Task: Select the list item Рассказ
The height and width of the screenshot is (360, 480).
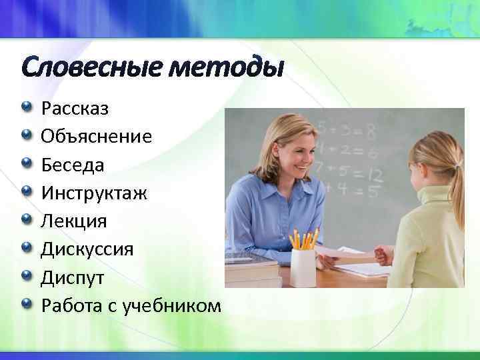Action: click(x=75, y=108)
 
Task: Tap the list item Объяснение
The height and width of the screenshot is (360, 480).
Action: click(x=97, y=136)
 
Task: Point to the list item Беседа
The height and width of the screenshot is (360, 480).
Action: click(x=73, y=165)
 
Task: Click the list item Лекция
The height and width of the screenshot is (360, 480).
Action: click(x=74, y=221)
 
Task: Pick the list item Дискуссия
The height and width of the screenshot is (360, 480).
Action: click(x=87, y=249)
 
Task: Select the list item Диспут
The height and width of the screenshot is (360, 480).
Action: click(x=71, y=277)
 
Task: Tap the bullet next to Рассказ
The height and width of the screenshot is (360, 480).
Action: click(x=26, y=107)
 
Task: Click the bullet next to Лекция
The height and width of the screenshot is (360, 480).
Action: click(x=26, y=219)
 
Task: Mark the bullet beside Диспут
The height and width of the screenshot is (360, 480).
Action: click(x=26, y=275)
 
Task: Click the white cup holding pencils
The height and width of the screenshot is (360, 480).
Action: click(x=303, y=267)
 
